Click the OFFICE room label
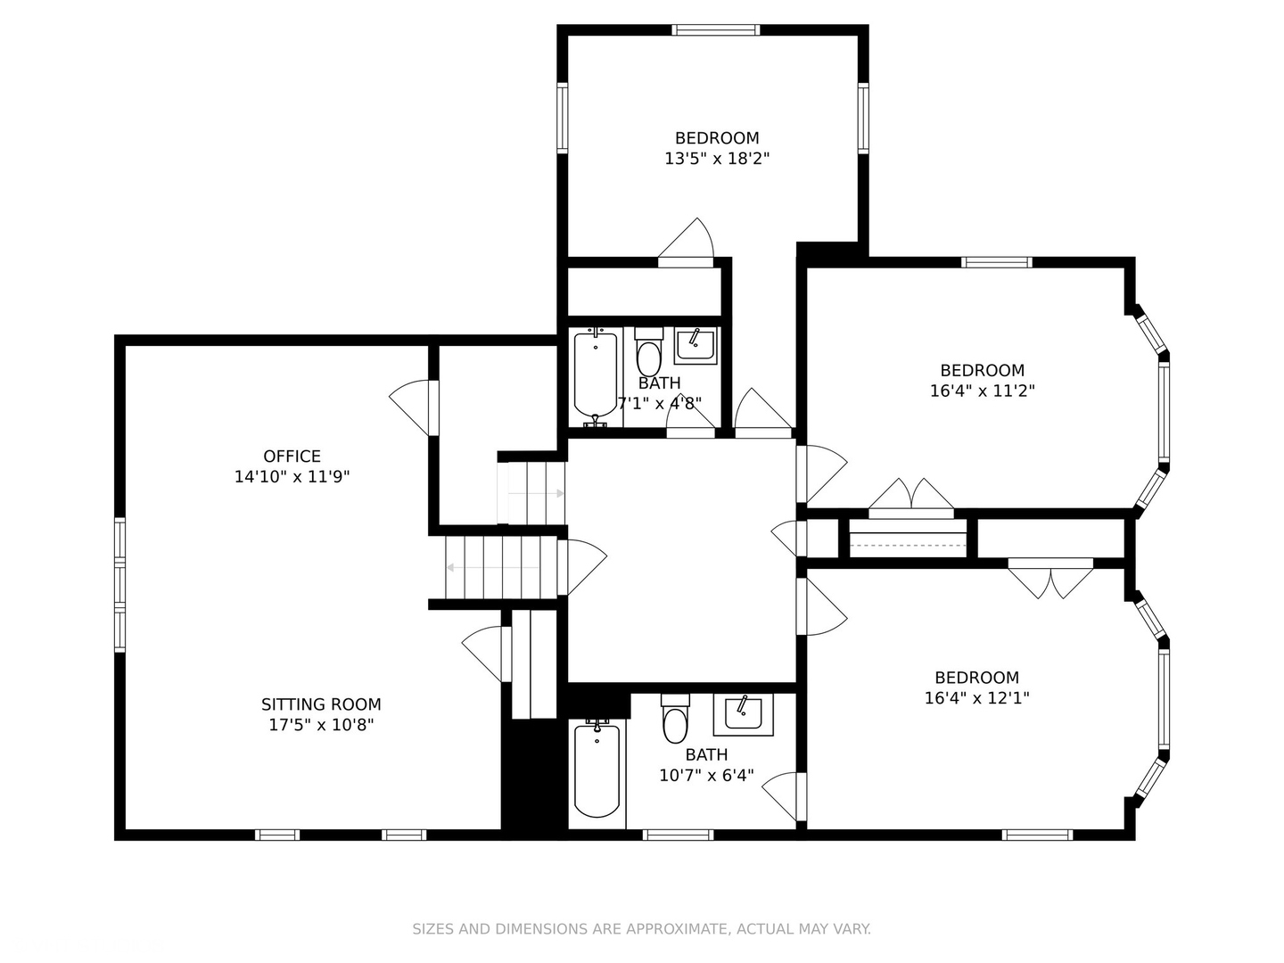pos(292,457)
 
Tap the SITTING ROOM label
pos(321,704)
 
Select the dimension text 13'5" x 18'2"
pos(717,159)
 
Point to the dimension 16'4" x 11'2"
pos(982,391)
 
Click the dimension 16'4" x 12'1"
pos(976,698)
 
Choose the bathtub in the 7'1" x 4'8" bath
pos(595,374)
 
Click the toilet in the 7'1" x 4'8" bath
pos(649,354)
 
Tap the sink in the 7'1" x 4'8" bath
pos(695,345)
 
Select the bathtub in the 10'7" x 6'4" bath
pos(597,770)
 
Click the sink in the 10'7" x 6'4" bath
pos(743,714)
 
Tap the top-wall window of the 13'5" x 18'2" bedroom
pos(716,30)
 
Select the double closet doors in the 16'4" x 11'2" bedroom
pos(911,496)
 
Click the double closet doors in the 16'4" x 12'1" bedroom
pos(1050,580)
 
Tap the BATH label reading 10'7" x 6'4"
pos(706,755)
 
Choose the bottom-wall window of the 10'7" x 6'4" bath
pos(679,835)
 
